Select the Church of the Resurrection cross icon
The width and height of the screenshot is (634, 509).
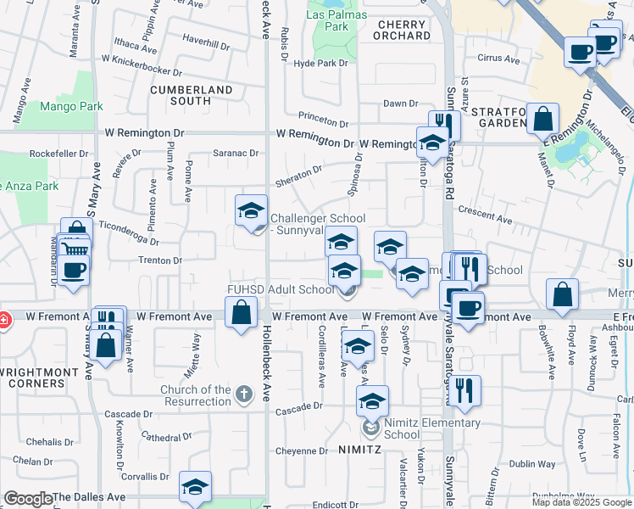(x=244, y=393)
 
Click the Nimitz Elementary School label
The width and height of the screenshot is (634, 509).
(x=420, y=428)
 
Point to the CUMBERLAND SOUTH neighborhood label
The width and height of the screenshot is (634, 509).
(x=192, y=95)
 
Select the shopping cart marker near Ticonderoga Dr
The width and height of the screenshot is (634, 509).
(x=75, y=249)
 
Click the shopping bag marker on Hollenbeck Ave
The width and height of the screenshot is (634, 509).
(x=242, y=311)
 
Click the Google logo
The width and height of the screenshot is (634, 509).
(x=28, y=499)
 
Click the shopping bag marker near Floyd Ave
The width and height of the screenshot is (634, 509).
(x=563, y=294)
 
